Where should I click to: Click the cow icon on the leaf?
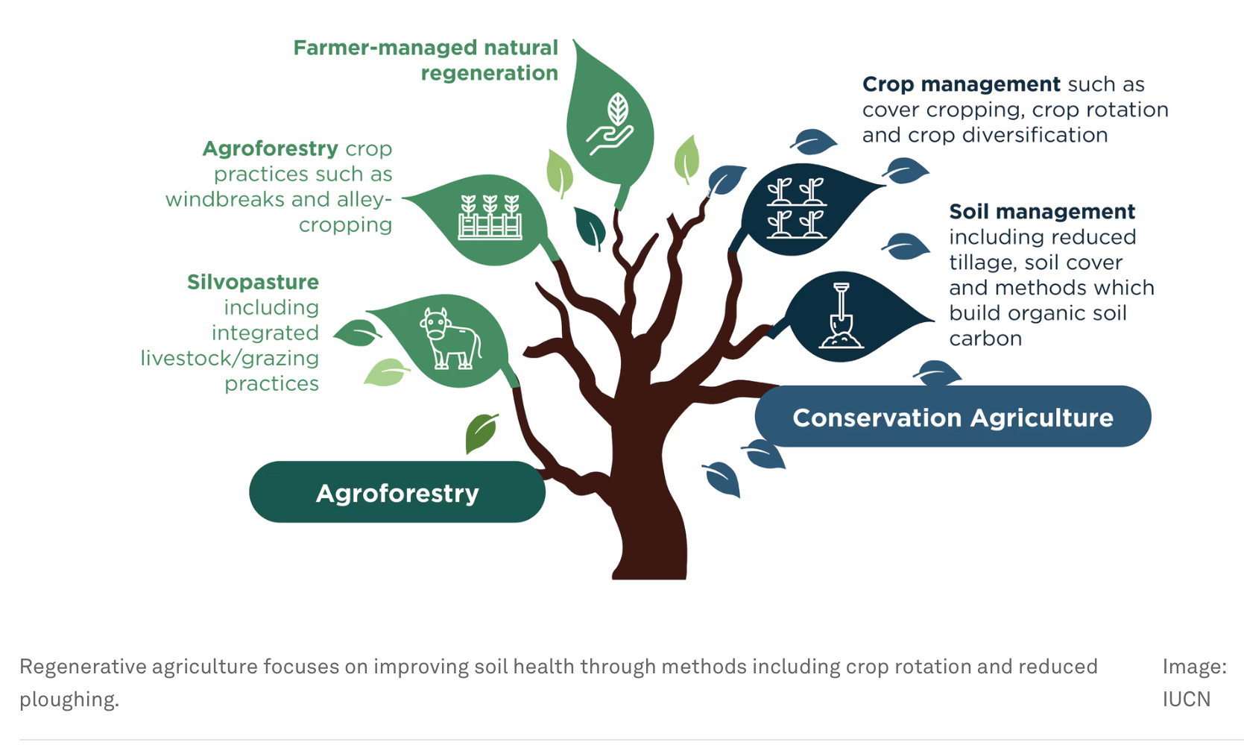coord(450,339)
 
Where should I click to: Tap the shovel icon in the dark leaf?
coord(841,316)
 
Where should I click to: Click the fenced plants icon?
coord(490,217)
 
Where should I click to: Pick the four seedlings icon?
coord(796,208)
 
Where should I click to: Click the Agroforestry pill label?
coord(397,493)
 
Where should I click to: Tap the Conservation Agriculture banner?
coord(953,418)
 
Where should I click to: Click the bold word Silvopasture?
coord(253,282)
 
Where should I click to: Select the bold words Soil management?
coord(1042,212)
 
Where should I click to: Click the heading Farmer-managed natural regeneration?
coord(426,60)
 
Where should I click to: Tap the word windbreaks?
coord(224,200)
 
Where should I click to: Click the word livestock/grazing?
coord(230,359)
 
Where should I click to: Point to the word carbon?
coord(985,339)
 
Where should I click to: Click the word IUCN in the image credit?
coord(1186,700)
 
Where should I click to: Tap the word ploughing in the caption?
coord(69,700)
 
